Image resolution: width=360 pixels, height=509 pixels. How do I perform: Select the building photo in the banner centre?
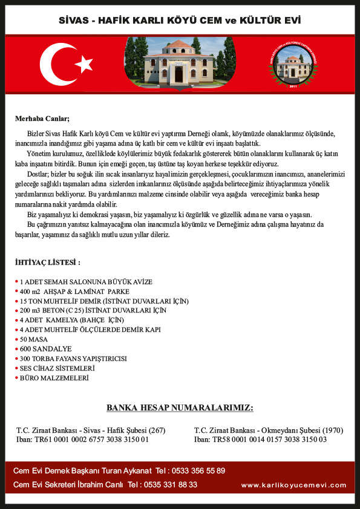point(180,64)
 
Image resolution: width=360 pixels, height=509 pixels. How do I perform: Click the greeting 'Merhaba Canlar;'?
point(42,118)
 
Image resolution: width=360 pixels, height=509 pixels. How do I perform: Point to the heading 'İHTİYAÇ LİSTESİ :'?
point(48,262)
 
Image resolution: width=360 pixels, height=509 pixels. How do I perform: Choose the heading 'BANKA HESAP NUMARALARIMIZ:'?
point(180,408)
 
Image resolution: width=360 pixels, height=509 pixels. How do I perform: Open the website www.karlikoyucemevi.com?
point(293,485)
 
